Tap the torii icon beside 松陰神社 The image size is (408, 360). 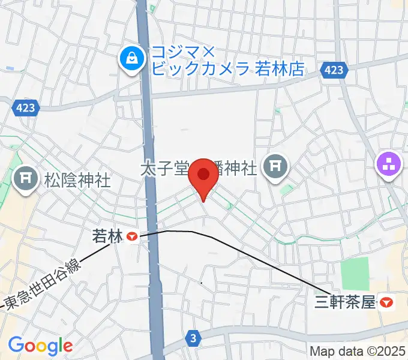pos(27,179)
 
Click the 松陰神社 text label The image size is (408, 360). pos(78,180)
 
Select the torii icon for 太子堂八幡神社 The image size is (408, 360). pos(275,166)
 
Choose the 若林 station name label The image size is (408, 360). pos(107,236)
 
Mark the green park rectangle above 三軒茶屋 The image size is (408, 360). pos(355,274)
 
